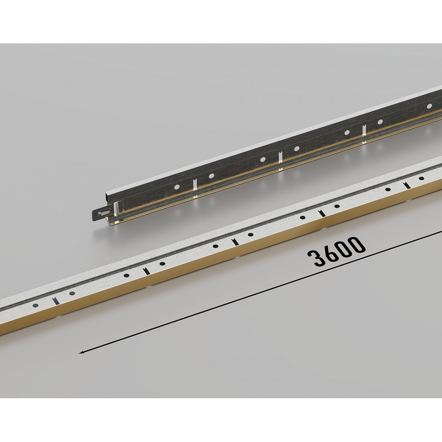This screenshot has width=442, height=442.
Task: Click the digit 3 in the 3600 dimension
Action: [x=316, y=257]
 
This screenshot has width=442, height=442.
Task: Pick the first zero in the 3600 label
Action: [x=343, y=248]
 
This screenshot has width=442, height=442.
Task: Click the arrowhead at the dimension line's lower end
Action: [x=82, y=352]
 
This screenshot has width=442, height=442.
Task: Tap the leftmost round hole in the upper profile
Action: [x=177, y=187]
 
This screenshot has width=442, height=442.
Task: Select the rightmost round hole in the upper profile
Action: [x=429, y=106]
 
